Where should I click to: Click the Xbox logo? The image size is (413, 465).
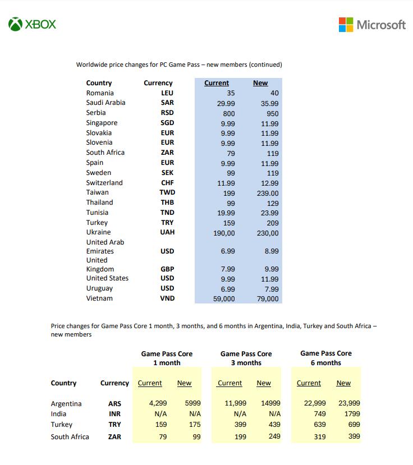(33, 25)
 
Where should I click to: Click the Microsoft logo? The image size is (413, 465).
(372, 25)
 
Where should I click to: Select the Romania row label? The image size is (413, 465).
(100, 93)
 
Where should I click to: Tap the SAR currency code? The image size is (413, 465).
(167, 103)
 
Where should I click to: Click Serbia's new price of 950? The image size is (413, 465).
(273, 113)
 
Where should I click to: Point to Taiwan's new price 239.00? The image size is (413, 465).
(267, 194)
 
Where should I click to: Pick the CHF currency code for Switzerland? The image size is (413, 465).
(167, 183)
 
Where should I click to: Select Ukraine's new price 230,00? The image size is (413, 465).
(268, 233)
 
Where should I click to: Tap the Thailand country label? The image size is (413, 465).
(99, 202)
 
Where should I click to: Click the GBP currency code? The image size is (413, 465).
(167, 269)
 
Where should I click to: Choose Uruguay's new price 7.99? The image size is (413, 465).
(271, 289)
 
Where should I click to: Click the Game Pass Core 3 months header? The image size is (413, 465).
(246, 358)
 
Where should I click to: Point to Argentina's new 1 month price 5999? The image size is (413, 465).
(192, 403)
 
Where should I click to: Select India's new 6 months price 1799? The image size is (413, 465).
(351, 414)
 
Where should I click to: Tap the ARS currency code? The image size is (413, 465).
(114, 404)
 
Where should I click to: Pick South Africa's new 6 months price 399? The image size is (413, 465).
(354, 436)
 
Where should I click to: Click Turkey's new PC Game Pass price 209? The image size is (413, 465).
(272, 223)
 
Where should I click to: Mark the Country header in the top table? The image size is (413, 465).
(99, 83)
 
